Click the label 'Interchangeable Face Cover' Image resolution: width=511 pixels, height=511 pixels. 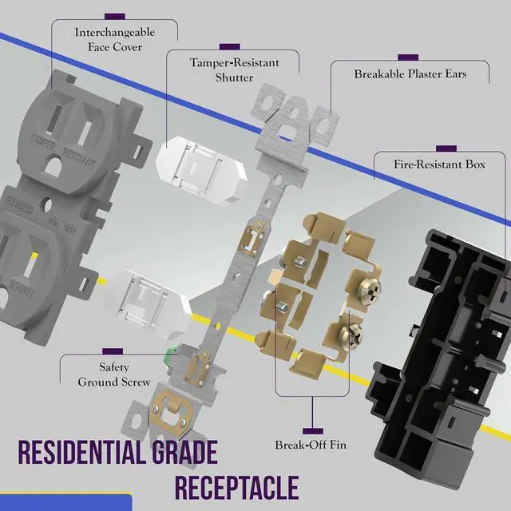(x=114, y=40)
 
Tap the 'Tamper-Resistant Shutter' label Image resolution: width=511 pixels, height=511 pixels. (x=233, y=69)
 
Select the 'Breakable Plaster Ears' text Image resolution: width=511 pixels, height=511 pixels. (x=410, y=74)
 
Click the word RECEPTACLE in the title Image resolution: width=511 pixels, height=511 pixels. (x=236, y=487)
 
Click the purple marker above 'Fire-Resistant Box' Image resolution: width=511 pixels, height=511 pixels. (x=446, y=148)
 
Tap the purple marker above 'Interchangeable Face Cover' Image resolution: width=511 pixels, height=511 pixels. (x=114, y=15)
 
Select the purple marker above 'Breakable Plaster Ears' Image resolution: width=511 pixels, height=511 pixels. (x=408, y=57)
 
